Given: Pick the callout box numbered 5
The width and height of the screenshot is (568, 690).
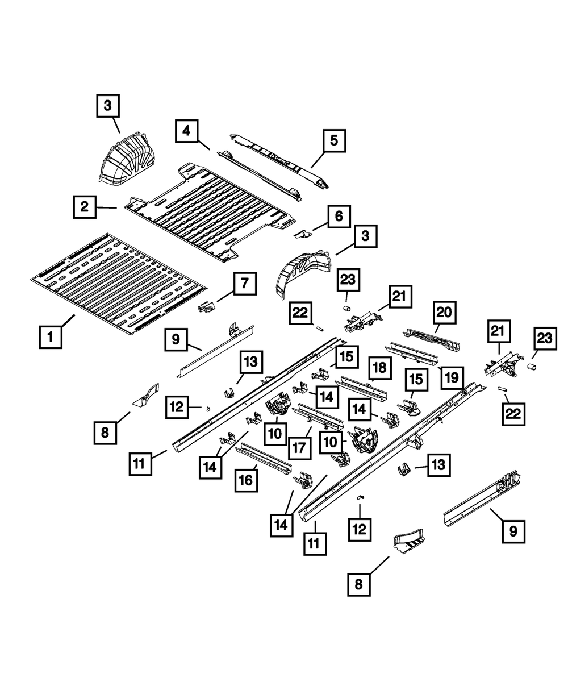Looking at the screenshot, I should (x=334, y=140).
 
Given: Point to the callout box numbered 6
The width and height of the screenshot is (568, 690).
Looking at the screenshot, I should (x=339, y=217).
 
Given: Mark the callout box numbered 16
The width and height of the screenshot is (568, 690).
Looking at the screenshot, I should (x=247, y=480).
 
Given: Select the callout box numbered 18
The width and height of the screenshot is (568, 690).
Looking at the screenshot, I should (x=379, y=368).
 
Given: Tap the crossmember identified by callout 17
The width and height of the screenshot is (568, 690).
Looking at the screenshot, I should (x=320, y=416).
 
